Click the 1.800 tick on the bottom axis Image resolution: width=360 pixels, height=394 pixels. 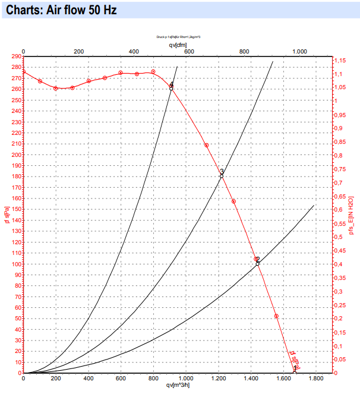pyautogui.click(x=315, y=379)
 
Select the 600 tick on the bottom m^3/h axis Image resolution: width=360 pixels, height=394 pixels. pyautogui.click(x=121, y=379)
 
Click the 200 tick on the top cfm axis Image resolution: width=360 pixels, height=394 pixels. pyautogui.click(x=78, y=52)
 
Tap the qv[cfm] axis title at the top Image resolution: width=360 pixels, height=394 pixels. pyautogui.click(x=178, y=45)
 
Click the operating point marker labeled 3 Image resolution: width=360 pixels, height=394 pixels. pyautogui.click(x=221, y=176)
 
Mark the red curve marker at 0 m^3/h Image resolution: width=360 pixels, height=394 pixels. pyautogui.click(x=23, y=72)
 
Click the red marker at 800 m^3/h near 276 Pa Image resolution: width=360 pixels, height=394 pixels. pyautogui.click(x=153, y=72)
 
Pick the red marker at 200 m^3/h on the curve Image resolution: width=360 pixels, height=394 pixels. pyautogui.click(x=56, y=88)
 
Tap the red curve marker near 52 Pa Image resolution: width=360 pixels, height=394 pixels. pyautogui.click(x=276, y=316)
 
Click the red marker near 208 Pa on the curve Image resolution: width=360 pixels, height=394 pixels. pyautogui.click(x=207, y=146)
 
